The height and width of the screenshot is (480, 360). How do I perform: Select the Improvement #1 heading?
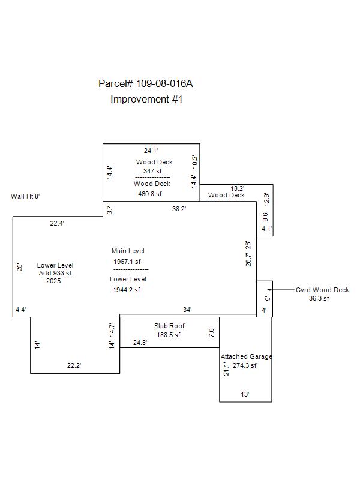(146, 100)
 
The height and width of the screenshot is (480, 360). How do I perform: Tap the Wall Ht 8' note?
(26, 196)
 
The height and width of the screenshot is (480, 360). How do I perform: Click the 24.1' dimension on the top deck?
(151, 151)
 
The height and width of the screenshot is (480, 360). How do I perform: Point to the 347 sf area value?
(152, 171)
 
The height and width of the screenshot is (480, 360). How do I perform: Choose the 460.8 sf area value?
(150, 194)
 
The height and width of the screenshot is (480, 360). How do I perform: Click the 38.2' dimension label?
(179, 209)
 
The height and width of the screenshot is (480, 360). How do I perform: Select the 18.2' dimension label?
(238, 188)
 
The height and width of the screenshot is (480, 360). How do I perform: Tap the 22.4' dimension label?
(57, 223)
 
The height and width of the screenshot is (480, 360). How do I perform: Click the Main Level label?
(128, 251)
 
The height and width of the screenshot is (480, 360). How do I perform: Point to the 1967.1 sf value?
(127, 262)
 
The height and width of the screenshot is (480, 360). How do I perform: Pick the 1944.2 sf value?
(127, 290)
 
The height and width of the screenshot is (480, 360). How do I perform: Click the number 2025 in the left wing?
(53, 281)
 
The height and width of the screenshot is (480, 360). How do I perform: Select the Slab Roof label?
(169, 326)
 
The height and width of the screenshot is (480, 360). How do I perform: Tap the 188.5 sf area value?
(169, 335)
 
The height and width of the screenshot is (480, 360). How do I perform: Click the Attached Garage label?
(246, 356)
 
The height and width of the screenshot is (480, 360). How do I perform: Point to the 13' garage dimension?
(245, 394)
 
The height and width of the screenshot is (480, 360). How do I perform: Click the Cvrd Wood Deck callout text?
(322, 290)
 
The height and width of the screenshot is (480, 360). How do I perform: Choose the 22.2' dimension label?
(74, 365)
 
